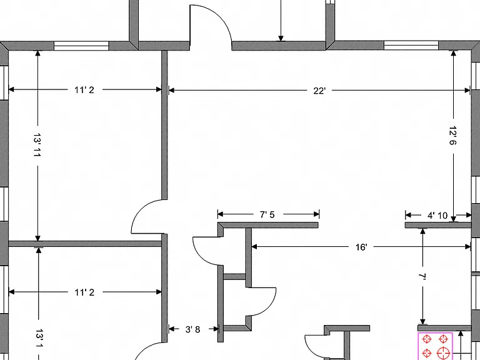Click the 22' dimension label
coord(319,91)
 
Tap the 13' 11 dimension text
coord(37,145)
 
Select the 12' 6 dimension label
coord(452,135)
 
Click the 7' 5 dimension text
coord(267,214)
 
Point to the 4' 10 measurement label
coord(437,216)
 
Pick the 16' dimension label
coord(361,247)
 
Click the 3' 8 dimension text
coord(192,329)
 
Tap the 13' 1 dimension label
coord(39,339)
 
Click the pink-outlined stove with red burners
coord(435,346)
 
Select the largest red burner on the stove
coord(442,353)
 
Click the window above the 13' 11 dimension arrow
coord(81,46)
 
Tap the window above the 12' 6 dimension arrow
coord(411,45)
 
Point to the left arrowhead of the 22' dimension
coord(171,90)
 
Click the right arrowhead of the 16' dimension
coord(467,247)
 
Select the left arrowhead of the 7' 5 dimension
coord(221,214)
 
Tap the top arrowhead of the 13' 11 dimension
coord(37,53)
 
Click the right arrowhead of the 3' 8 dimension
coord(216,329)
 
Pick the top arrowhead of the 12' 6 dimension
coord(453,53)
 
